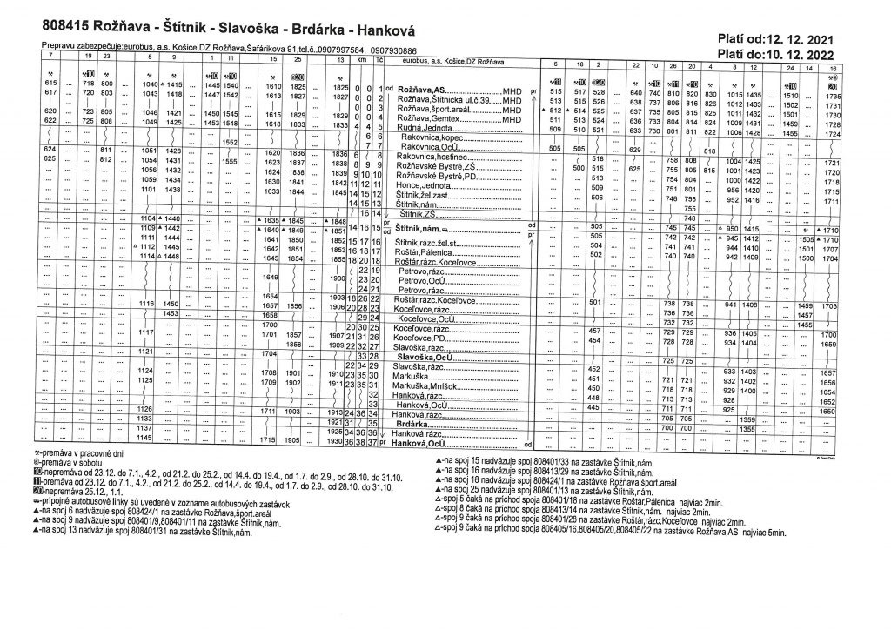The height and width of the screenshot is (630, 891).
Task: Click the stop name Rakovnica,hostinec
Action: pos(432,156)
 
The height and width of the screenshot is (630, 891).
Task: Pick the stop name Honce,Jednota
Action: pos(424,184)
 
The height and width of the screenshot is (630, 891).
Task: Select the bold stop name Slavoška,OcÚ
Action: pos(425,357)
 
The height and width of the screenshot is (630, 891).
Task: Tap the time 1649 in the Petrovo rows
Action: pos(269,278)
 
